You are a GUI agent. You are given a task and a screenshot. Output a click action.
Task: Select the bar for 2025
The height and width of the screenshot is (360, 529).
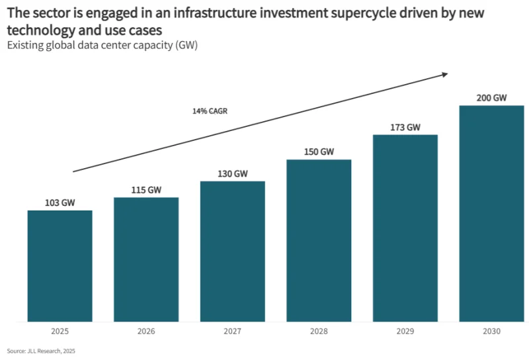60,266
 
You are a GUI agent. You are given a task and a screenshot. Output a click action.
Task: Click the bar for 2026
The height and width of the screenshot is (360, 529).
146,259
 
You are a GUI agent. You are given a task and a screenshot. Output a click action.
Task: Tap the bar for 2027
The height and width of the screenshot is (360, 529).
233,251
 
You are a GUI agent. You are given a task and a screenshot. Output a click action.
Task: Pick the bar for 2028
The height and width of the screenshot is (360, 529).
319,240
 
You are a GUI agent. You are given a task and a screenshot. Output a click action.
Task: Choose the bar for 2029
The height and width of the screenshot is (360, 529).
405,228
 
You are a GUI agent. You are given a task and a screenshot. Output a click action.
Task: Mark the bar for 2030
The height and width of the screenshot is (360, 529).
491,214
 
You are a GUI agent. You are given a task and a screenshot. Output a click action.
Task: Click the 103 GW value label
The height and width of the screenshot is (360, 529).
60,203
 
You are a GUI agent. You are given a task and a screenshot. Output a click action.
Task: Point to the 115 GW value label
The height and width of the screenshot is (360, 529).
146,190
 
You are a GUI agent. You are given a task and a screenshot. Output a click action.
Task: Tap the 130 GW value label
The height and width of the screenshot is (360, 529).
233,174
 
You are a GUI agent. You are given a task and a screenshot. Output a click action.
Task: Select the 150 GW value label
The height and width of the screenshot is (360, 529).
319,152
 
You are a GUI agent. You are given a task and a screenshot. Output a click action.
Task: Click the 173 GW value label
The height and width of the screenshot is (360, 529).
405,127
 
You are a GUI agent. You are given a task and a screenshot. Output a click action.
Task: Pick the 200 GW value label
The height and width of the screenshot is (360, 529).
491,98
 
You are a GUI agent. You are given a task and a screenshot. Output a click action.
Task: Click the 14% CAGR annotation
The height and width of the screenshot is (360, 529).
210,111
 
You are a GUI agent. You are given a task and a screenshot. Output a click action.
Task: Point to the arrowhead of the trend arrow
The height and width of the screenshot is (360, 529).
445,74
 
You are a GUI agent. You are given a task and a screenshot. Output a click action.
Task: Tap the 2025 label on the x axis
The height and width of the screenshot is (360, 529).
60,331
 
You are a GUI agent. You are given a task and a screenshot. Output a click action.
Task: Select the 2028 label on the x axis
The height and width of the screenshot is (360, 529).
319,331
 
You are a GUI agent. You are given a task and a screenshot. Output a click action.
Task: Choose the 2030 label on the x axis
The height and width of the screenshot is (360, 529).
491,331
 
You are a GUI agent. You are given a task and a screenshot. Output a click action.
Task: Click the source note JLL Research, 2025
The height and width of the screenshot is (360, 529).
41,351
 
